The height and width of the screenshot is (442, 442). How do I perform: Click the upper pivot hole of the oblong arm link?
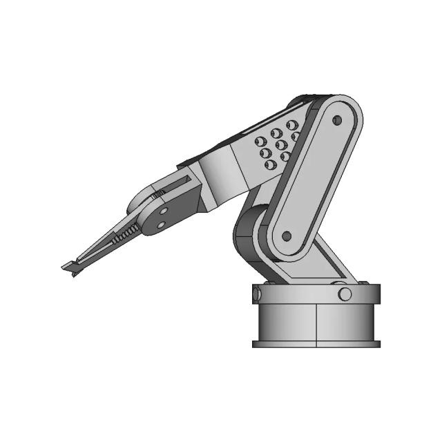337,120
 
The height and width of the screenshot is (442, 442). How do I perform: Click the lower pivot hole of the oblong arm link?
287,236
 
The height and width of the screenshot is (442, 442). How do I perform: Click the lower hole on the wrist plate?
160,224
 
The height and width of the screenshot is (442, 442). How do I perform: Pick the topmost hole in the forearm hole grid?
292,125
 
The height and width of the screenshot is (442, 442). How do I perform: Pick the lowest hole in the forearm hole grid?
270,164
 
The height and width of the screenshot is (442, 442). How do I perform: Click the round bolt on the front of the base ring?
345,294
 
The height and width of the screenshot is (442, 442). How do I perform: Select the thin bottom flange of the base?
316,343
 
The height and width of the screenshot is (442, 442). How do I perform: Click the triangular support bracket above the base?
331,266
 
